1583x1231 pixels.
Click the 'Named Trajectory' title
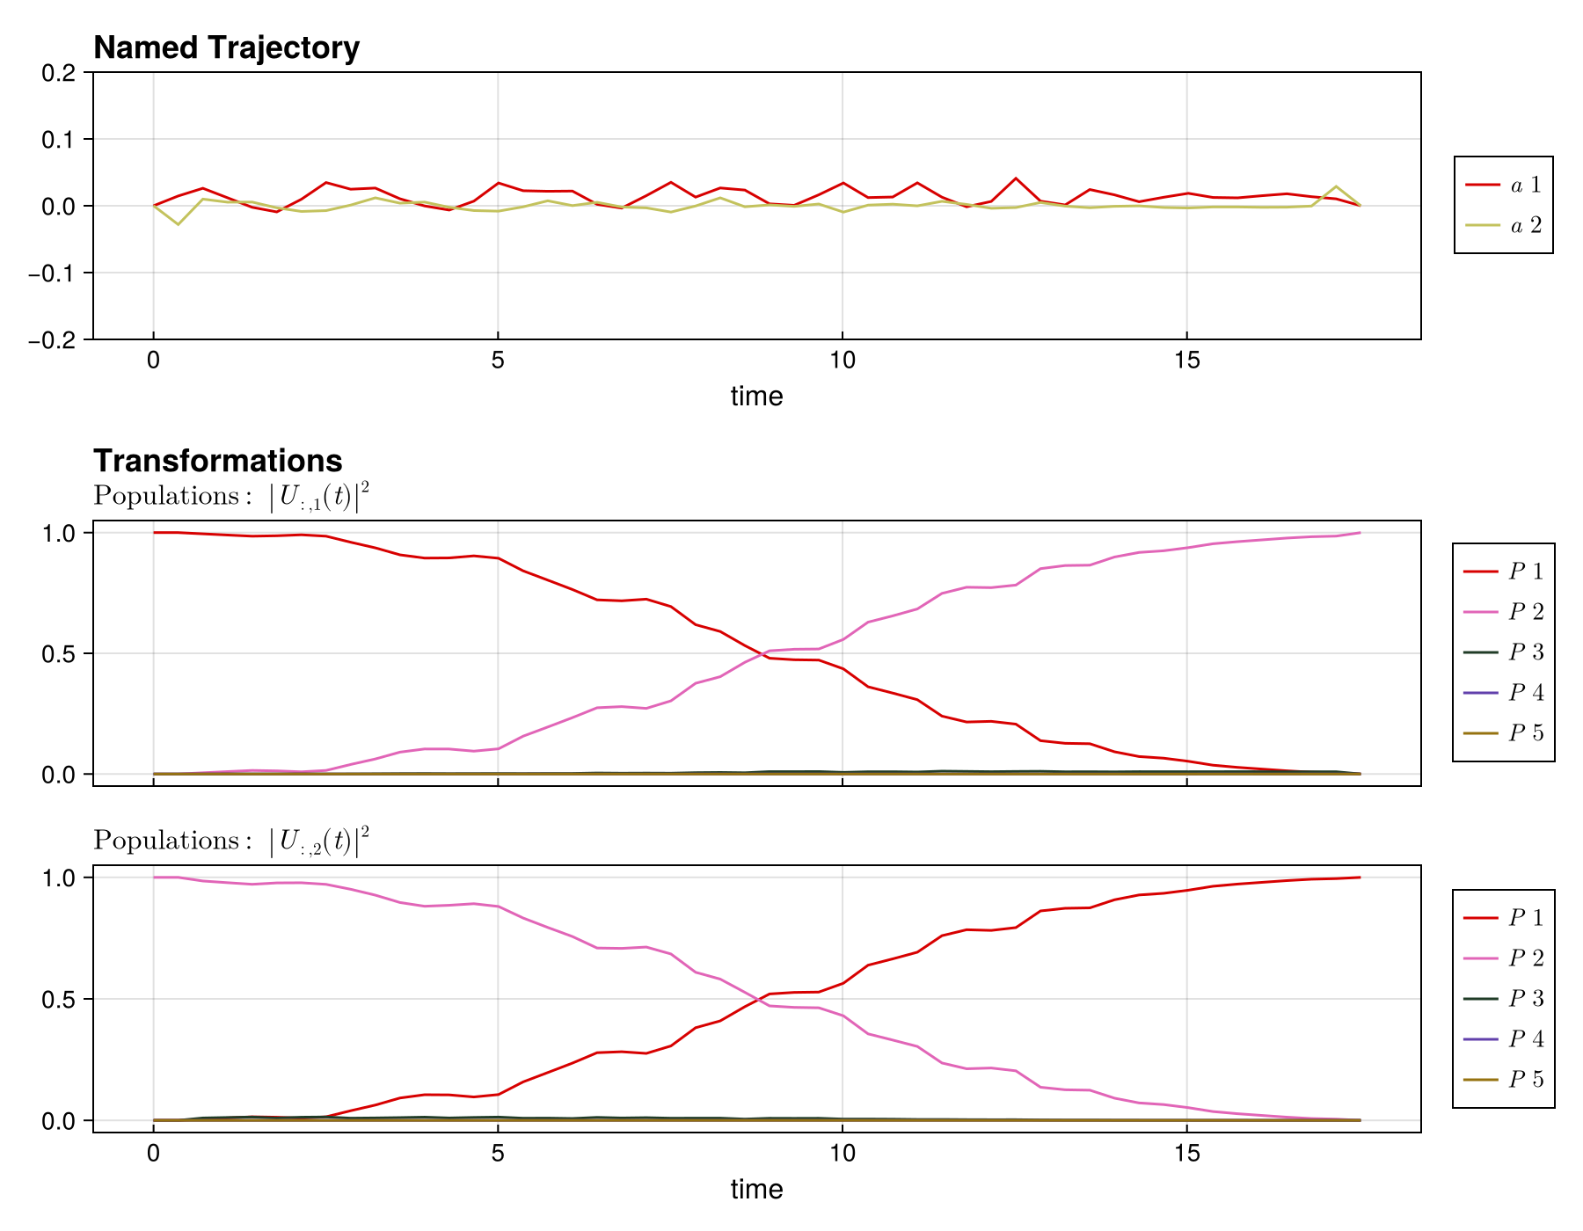pyautogui.click(x=226, y=47)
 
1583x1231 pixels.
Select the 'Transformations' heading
pyautogui.click(x=217, y=461)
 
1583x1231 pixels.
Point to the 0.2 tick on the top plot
pyautogui.click(x=59, y=72)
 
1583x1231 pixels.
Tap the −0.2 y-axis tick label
pyautogui.click(x=52, y=339)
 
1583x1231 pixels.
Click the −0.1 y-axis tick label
pyautogui.click(x=52, y=273)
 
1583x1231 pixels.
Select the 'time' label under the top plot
pyautogui.click(x=756, y=397)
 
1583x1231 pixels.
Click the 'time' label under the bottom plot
pyautogui.click(x=756, y=1190)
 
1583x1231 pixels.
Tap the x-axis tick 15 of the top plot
pyautogui.click(x=1186, y=361)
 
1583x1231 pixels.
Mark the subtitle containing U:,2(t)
pyautogui.click(x=231, y=841)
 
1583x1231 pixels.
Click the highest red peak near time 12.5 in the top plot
pyautogui.click(x=1016, y=178)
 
